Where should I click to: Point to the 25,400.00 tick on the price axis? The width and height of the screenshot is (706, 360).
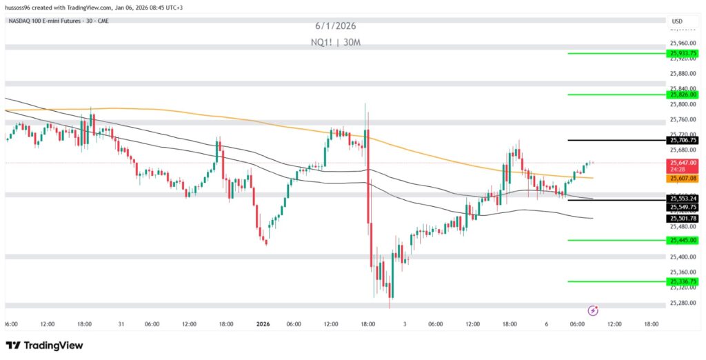pos(683,257)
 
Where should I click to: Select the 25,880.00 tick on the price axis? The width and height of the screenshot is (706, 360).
pos(683,73)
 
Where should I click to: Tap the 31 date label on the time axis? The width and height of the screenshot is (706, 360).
pos(121,323)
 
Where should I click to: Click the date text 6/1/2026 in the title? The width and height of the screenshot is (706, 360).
pos(336,26)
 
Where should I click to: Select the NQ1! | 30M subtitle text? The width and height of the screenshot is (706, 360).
pos(336,42)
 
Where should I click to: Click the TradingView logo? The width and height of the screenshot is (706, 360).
pos(44,346)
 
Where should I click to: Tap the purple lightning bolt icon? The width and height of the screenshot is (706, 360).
pos(593,310)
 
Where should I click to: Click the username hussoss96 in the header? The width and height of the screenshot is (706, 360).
pos(20,6)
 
